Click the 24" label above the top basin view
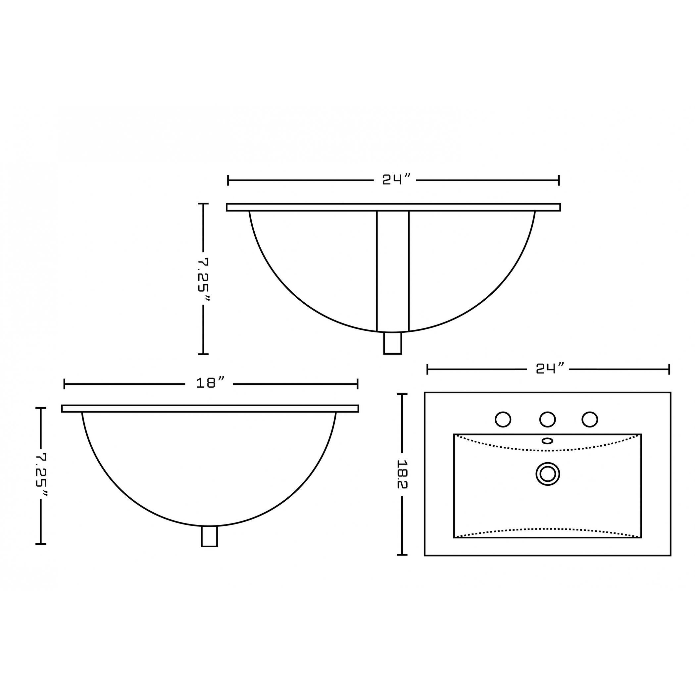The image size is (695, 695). click(396, 179)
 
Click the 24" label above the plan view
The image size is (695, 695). click(550, 369)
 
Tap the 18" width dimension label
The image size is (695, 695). click(211, 383)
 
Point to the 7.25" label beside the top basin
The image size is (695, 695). click(204, 279)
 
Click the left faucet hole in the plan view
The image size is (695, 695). click(503, 419)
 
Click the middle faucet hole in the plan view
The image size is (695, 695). click(548, 419)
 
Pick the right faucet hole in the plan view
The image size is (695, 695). click(590, 419)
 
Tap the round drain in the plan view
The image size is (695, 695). click(548, 474)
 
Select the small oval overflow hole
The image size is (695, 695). click(548, 441)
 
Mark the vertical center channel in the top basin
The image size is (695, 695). click(392, 270)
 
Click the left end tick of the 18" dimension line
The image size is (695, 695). click(64, 384)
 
